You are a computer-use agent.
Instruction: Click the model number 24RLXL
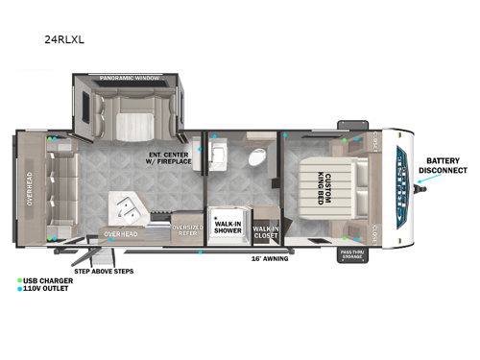coord(63,41)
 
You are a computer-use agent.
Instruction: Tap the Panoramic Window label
coord(131,77)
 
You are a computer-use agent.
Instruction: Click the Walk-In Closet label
coord(264,229)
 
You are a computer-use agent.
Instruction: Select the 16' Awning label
coord(269,258)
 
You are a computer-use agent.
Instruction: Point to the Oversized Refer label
coord(185,230)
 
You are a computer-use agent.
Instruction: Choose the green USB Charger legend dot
coord(20,281)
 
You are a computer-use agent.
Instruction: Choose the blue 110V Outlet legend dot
coord(20,289)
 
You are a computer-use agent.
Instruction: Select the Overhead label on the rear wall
coord(30,189)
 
